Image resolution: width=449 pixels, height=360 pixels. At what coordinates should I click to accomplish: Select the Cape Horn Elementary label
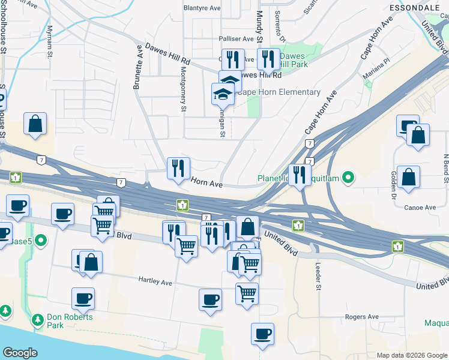pos(280,92)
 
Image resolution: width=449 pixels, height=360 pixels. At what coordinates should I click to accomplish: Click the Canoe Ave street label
pos(421,208)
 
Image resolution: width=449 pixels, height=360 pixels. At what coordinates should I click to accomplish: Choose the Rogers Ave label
pos(361,317)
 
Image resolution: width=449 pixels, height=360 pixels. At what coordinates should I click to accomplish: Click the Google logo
pos(20,353)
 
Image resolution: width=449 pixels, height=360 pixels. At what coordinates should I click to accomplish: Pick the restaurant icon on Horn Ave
pos(178,169)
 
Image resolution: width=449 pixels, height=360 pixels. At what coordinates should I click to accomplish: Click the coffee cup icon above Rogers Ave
pos(262,334)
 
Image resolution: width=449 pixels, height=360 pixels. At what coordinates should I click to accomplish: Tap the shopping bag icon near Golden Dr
pos(408,177)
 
